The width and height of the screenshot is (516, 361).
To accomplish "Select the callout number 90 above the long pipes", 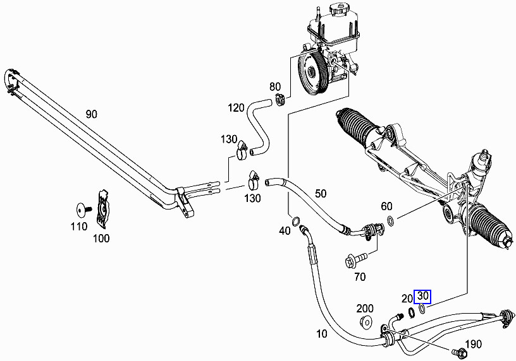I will [x=92, y=114].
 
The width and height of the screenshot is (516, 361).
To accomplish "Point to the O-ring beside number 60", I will [x=391, y=221].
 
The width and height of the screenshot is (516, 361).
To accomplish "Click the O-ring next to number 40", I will [x=295, y=220].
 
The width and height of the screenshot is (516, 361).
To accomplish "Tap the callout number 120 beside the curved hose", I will [x=236, y=108].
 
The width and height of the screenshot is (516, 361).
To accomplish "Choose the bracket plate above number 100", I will [x=101, y=208].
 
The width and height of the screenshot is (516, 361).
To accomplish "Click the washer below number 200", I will [x=365, y=324].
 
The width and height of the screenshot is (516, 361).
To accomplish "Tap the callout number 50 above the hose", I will [x=321, y=193].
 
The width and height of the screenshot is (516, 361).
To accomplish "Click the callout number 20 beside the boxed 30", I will [x=407, y=297].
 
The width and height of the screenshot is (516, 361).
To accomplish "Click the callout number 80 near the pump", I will [x=275, y=86].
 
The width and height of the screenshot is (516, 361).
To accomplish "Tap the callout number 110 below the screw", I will [x=78, y=226].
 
